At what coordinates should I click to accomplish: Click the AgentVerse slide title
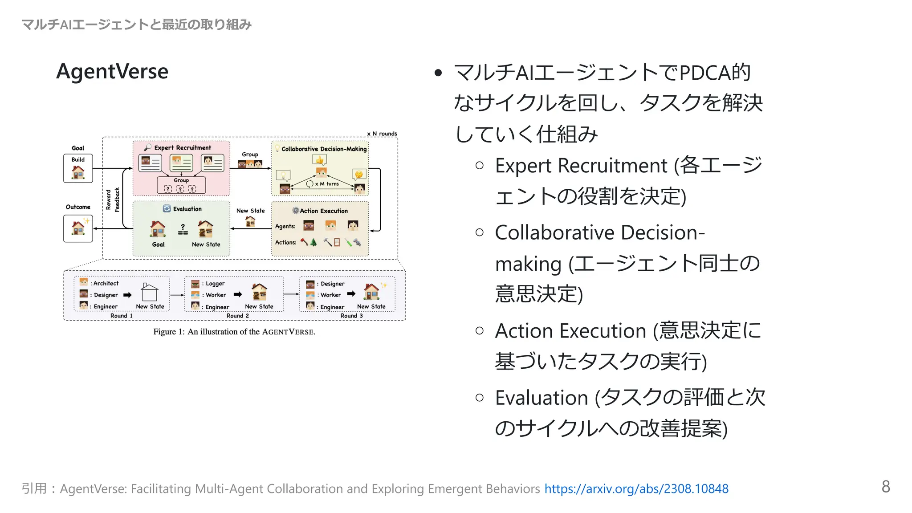[112, 71]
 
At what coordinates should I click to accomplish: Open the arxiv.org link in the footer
[636, 489]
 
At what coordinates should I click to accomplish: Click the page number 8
[885, 486]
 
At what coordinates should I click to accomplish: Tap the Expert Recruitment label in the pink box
[183, 148]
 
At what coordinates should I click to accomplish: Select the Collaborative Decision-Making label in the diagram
[324, 149]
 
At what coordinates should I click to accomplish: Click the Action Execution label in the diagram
[323, 211]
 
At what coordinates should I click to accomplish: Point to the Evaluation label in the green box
[187, 209]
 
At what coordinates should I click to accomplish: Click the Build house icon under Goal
[78, 172]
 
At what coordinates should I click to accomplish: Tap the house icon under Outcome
[78, 228]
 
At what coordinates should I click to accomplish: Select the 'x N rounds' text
[382, 134]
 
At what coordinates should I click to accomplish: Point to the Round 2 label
[237, 316]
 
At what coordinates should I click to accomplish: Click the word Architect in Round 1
[106, 283]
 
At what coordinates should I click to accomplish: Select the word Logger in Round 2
[215, 284]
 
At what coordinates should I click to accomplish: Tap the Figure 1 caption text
[234, 332]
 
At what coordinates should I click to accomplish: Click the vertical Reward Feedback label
[112, 199]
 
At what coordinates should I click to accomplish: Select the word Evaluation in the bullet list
[541, 398]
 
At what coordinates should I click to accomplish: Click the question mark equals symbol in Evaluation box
[183, 230]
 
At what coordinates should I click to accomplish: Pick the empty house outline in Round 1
[150, 293]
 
